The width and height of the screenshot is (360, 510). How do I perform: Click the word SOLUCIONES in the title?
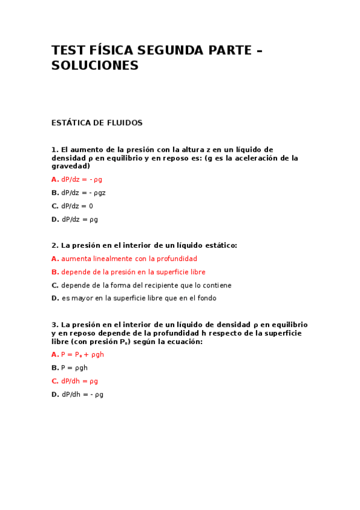pos(95,66)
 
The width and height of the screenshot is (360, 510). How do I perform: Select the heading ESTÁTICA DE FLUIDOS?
pos(97,123)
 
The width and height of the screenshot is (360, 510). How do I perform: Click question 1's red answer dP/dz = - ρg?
pos(81,179)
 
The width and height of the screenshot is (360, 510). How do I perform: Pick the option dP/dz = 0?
pos(77,206)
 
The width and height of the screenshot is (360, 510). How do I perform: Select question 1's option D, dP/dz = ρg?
pos(79,219)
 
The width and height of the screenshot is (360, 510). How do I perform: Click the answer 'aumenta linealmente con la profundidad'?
pos(120,259)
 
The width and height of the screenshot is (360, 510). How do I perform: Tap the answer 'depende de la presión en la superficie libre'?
pos(133,272)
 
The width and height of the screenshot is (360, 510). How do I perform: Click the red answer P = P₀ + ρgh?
pos(82,354)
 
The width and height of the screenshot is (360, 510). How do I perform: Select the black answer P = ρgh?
pos(75,367)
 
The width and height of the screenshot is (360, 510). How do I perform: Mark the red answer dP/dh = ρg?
pos(79,381)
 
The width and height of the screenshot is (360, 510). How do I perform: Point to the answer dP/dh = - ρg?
pos(82,394)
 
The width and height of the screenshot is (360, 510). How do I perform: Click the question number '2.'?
pos(55,245)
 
